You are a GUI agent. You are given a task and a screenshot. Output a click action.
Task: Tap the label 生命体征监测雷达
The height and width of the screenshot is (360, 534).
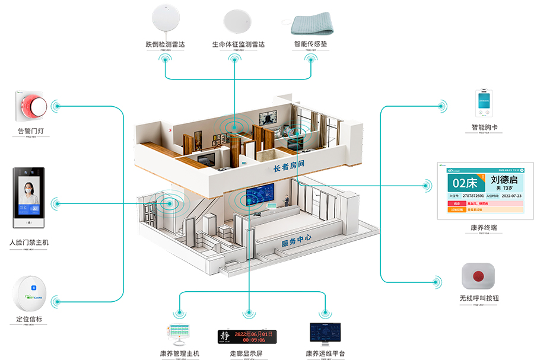[239, 44]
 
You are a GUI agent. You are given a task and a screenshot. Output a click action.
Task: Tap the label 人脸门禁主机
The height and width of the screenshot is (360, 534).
[29, 243]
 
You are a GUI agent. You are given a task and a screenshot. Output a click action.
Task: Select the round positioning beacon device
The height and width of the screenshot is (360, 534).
[29, 294]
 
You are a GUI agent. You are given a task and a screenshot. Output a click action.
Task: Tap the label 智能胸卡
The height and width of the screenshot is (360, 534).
[484, 128]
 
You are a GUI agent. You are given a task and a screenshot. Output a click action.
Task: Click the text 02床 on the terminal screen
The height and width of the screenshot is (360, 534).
[464, 181]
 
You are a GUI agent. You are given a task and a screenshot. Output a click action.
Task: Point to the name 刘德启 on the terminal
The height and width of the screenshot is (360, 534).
[504, 179]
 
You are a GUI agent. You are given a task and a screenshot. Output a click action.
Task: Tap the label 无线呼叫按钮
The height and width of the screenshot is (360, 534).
[479, 298]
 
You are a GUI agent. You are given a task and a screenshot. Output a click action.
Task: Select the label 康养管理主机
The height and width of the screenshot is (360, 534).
[180, 353]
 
